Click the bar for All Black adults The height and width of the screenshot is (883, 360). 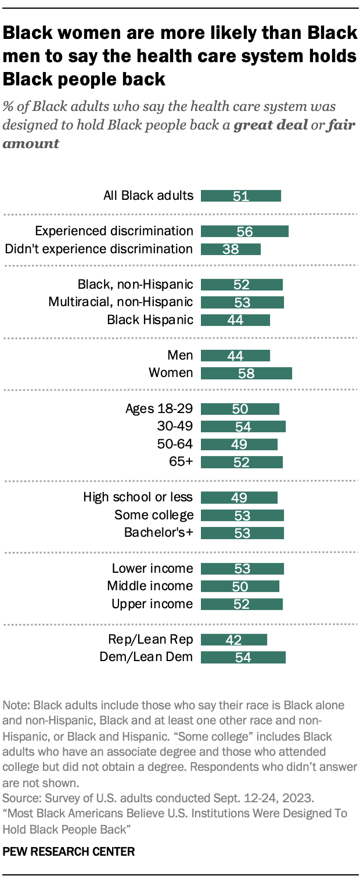pyautogui.click(x=240, y=196)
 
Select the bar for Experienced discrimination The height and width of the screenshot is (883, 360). pyautogui.click(x=244, y=231)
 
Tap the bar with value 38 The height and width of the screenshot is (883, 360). pyautogui.click(x=231, y=249)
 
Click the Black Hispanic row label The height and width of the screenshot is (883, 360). pyautogui.click(x=150, y=320)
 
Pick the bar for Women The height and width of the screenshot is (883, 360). pyautogui.click(x=246, y=373)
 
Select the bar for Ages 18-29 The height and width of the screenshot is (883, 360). pyautogui.click(x=240, y=409)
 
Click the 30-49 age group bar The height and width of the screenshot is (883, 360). pyautogui.click(x=243, y=427)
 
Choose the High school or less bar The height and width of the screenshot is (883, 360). pyautogui.click(x=239, y=498)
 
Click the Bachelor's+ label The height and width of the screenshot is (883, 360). pyautogui.click(x=158, y=533)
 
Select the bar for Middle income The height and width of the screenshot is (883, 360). pyautogui.click(x=240, y=586)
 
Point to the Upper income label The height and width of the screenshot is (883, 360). pyautogui.click(x=152, y=604)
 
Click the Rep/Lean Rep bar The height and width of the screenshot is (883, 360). pyautogui.click(x=234, y=640)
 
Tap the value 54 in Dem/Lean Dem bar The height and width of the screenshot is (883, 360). pyautogui.click(x=243, y=658)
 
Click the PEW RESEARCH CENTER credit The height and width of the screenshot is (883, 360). pyautogui.click(x=69, y=852)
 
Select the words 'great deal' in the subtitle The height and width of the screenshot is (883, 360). pyautogui.click(x=271, y=125)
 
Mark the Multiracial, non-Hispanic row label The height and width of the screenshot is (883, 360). pyautogui.click(x=121, y=302)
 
